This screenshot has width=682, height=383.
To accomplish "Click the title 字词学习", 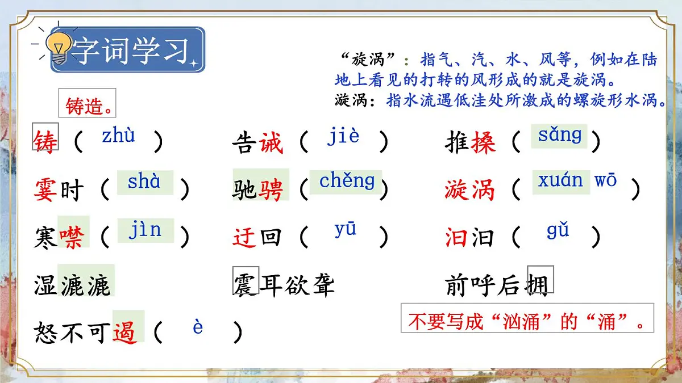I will click(x=131, y=50).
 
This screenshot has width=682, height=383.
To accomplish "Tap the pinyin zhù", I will click(x=119, y=136).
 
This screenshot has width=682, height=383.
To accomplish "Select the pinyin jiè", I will click(x=343, y=136).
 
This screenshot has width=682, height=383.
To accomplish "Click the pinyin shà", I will click(x=144, y=182).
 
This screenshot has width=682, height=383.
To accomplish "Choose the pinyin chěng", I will click(x=347, y=181).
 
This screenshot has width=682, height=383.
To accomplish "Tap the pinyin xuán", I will click(x=560, y=180).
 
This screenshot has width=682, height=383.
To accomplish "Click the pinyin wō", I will click(x=605, y=181).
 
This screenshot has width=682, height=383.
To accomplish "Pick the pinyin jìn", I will click(x=145, y=230).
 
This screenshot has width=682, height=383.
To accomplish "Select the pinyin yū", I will click(x=346, y=230).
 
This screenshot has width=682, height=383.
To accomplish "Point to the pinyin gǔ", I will click(x=558, y=230).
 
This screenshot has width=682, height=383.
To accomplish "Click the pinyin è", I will click(x=198, y=327).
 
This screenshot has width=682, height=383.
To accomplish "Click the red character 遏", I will click(x=125, y=331).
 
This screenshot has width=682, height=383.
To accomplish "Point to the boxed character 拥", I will click(x=539, y=283).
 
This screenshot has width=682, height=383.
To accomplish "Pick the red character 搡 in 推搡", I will click(x=483, y=143).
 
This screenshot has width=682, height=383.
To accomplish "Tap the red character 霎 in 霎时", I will click(x=46, y=190).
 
